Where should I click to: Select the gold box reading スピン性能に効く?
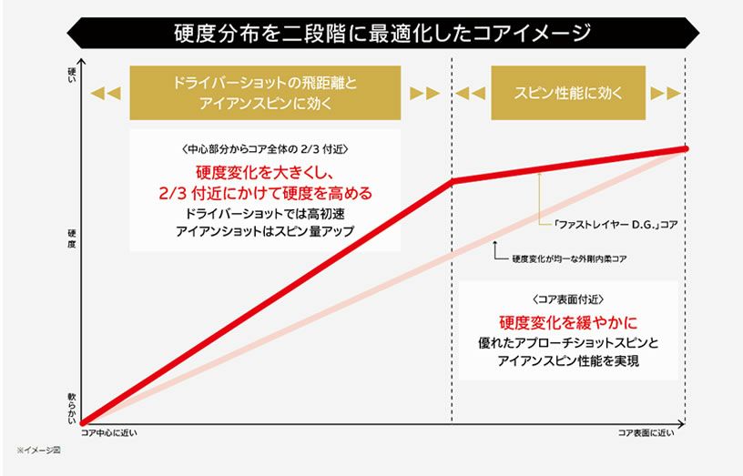tap(568, 93)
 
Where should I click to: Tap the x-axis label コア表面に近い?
tap(646, 432)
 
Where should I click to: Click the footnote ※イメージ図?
tap(37, 451)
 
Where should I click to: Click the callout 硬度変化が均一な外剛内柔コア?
tap(569, 259)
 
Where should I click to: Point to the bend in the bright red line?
tap(452, 181)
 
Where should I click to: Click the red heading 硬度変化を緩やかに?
tap(568, 322)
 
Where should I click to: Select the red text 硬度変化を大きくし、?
tap(265, 173)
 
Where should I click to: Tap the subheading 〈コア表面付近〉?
tap(568, 299)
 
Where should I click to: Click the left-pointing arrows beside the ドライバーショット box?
tap(106, 93)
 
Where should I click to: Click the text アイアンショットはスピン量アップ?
tap(265, 232)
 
